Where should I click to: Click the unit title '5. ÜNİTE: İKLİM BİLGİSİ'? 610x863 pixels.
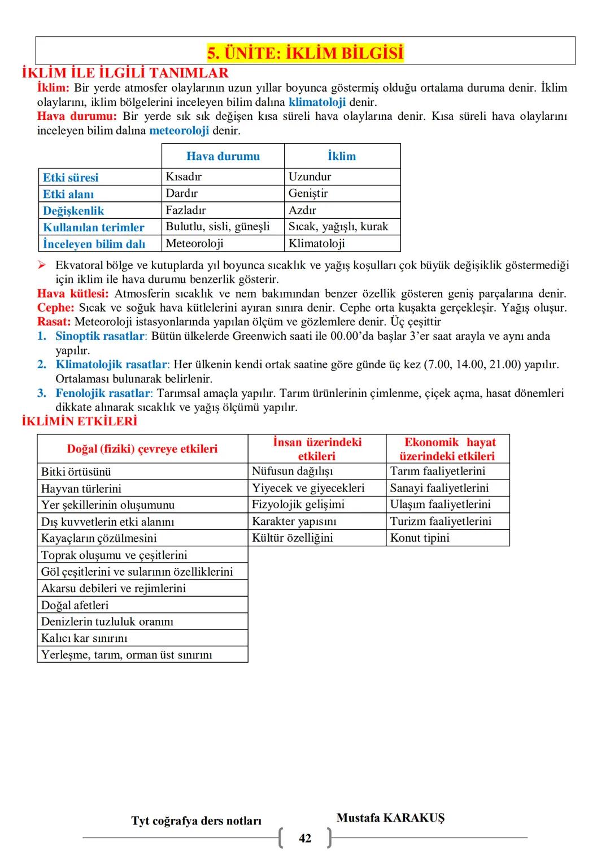coord(305,53)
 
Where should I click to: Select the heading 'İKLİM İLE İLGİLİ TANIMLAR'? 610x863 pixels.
coord(125,73)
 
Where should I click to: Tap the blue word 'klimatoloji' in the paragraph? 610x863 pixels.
coord(317,102)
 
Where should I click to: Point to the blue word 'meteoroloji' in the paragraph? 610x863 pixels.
coord(179,131)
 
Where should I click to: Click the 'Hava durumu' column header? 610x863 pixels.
coord(223,156)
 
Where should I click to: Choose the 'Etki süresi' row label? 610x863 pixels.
coord(71,177)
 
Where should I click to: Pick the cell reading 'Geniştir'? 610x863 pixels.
coord(308,193)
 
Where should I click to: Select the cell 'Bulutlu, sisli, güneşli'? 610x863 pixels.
coord(217,227)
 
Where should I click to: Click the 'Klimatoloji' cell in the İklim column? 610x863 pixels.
coord(316,244)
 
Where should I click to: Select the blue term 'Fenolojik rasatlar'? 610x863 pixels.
coord(104,393)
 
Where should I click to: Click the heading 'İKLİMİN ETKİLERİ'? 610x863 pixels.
coord(79,421)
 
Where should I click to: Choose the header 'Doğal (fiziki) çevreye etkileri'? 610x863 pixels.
coord(142,449)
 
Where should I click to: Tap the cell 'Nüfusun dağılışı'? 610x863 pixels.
coord(292,471)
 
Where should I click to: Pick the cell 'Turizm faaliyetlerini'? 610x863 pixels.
coord(441,521)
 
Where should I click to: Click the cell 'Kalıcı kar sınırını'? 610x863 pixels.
coord(84,638)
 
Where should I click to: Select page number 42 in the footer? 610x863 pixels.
coord(305,838)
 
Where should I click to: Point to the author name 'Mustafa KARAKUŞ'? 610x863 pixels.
coord(390,818)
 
